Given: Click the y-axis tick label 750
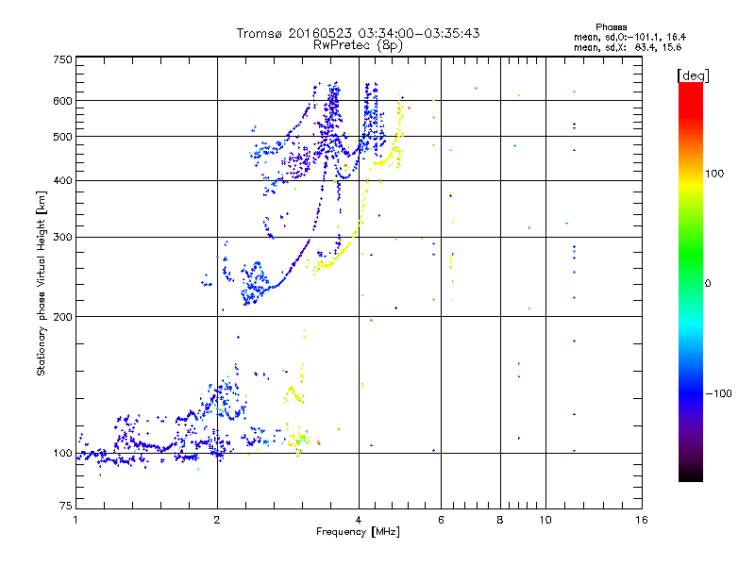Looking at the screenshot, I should point(62,59).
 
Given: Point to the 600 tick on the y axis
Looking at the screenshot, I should point(62,101).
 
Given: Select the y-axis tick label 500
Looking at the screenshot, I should point(62,137).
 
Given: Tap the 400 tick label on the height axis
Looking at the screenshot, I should point(62,181).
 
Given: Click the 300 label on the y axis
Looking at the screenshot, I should point(62,238).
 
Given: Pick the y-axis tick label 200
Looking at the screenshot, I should point(62,317).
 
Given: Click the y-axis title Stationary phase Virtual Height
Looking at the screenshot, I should point(42,285).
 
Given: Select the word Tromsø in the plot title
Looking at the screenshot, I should point(260,33).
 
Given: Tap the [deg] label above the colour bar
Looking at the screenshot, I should point(692,75).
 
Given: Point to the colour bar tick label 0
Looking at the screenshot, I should point(709,283).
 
